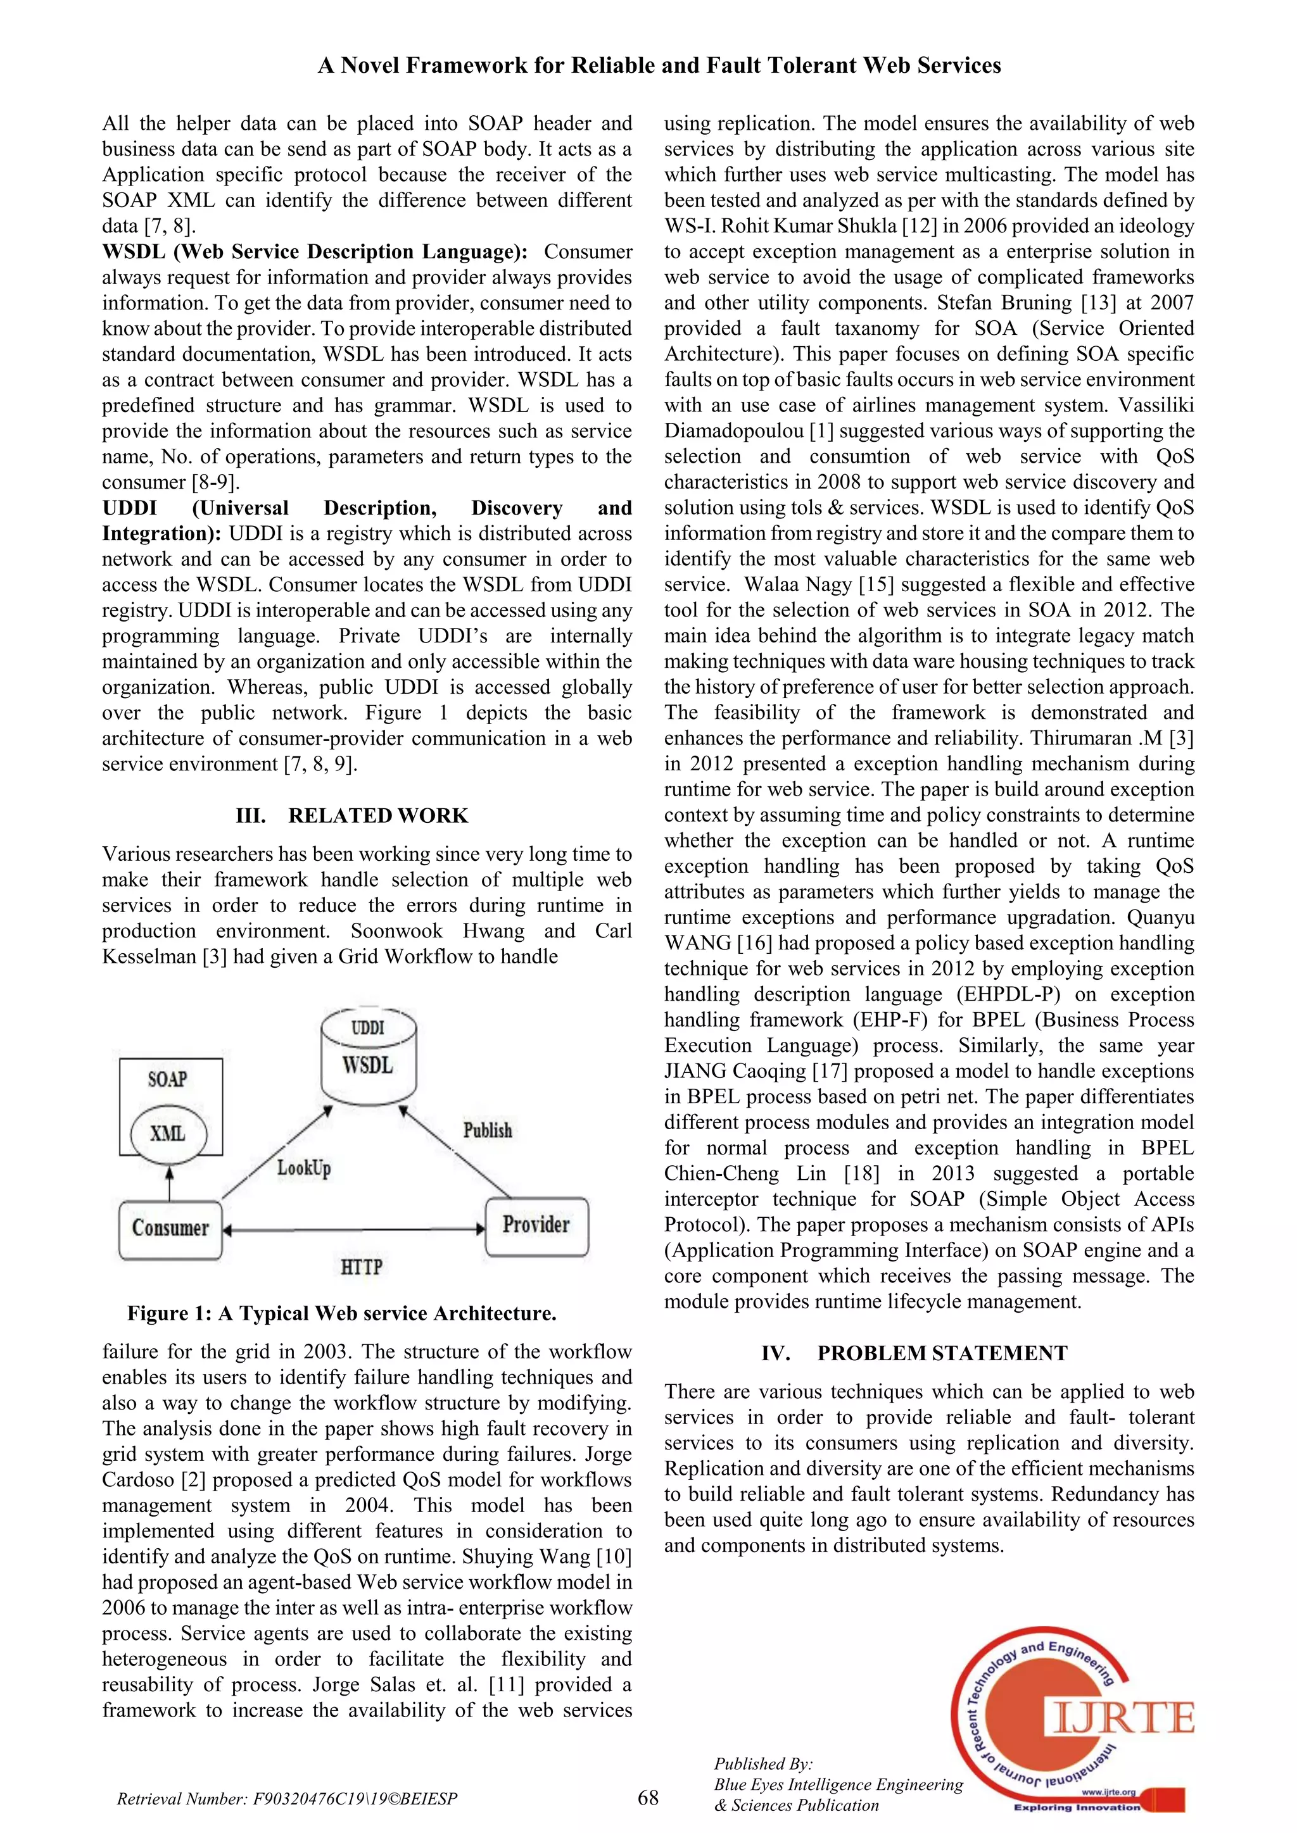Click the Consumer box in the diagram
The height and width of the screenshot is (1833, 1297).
point(170,1228)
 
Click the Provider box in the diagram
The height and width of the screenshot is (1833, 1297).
point(536,1225)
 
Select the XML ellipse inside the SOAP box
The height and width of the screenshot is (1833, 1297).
point(168,1134)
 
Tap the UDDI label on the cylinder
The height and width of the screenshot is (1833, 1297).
point(368,1027)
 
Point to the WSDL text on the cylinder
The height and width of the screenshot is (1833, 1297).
point(368,1065)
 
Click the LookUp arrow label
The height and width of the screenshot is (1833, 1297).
point(303,1168)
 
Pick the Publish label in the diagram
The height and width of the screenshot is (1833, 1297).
point(487,1130)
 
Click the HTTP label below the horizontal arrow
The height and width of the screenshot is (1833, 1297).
point(361,1267)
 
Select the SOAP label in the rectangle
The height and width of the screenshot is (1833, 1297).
point(167,1079)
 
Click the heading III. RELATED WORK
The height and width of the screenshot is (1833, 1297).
point(352,815)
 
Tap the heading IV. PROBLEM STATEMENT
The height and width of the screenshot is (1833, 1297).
point(914,1353)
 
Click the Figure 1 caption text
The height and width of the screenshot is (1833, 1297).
point(342,1313)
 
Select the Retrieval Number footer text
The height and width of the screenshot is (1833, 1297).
point(287,1799)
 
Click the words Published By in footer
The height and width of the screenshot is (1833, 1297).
point(762,1763)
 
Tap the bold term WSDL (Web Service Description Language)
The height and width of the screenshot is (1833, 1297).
point(315,251)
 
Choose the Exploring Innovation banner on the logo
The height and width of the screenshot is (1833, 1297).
point(1077,1806)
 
